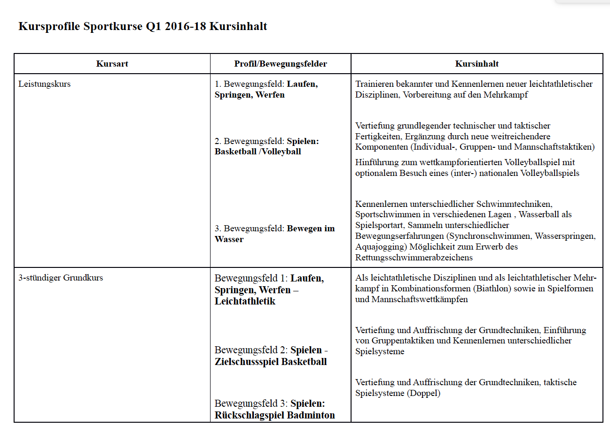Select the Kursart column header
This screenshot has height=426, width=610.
pyautogui.click(x=112, y=64)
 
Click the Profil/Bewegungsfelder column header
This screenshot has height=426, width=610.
pyautogui.click(x=281, y=64)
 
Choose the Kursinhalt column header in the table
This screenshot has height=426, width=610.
pyautogui.click(x=477, y=64)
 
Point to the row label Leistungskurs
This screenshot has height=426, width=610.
pyautogui.click(x=44, y=84)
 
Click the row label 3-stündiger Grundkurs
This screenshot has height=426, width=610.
pyautogui.click(x=61, y=278)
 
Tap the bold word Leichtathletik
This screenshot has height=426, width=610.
pyautogui.click(x=245, y=301)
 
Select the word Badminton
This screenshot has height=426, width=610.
pyautogui.click(x=311, y=415)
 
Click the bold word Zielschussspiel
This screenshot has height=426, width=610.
pyautogui.click(x=247, y=362)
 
